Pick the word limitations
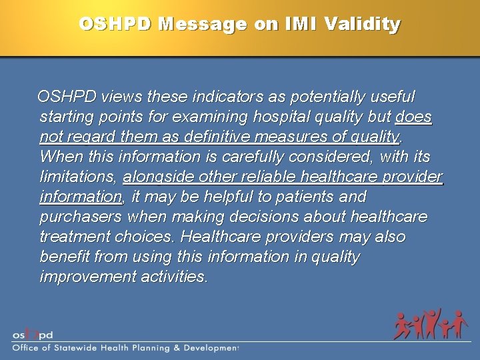(78, 177)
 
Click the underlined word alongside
(159, 177)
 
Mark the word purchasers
(81, 217)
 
